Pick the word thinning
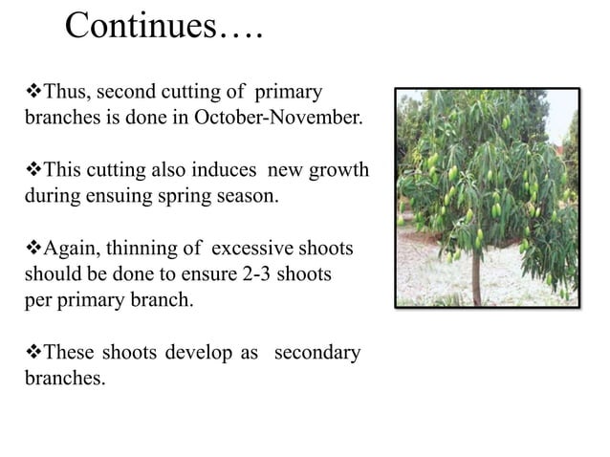(x=142, y=250)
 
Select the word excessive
(x=250, y=250)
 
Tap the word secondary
(x=316, y=352)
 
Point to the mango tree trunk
(x=475, y=278)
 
